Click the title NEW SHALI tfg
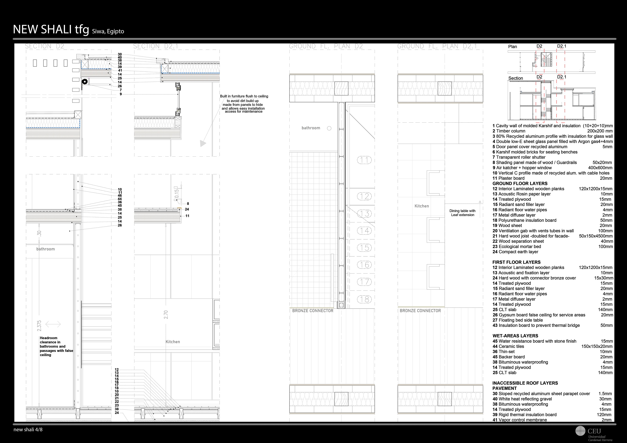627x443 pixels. point(51,29)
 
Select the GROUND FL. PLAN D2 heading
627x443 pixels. point(326,46)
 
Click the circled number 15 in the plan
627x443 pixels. point(364,248)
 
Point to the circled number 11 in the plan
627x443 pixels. point(364,160)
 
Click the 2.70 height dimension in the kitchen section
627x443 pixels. point(166,315)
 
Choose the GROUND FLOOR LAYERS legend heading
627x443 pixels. point(520,184)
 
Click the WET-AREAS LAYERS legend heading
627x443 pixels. point(515,336)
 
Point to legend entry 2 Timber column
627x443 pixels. point(509,131)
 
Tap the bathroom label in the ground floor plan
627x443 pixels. point(311,128)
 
